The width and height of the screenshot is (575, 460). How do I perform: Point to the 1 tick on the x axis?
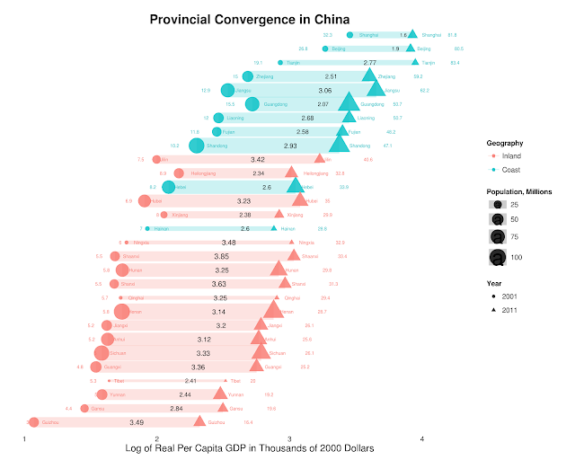[x=24, y=438]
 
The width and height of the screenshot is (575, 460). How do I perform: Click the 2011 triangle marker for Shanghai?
[x=411, y=34]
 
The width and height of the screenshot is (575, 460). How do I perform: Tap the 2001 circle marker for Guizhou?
[x=34, y=421]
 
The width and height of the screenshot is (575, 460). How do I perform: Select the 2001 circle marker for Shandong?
[x=196, y=146]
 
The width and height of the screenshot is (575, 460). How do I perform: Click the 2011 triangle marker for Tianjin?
[x=415, y=62]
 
